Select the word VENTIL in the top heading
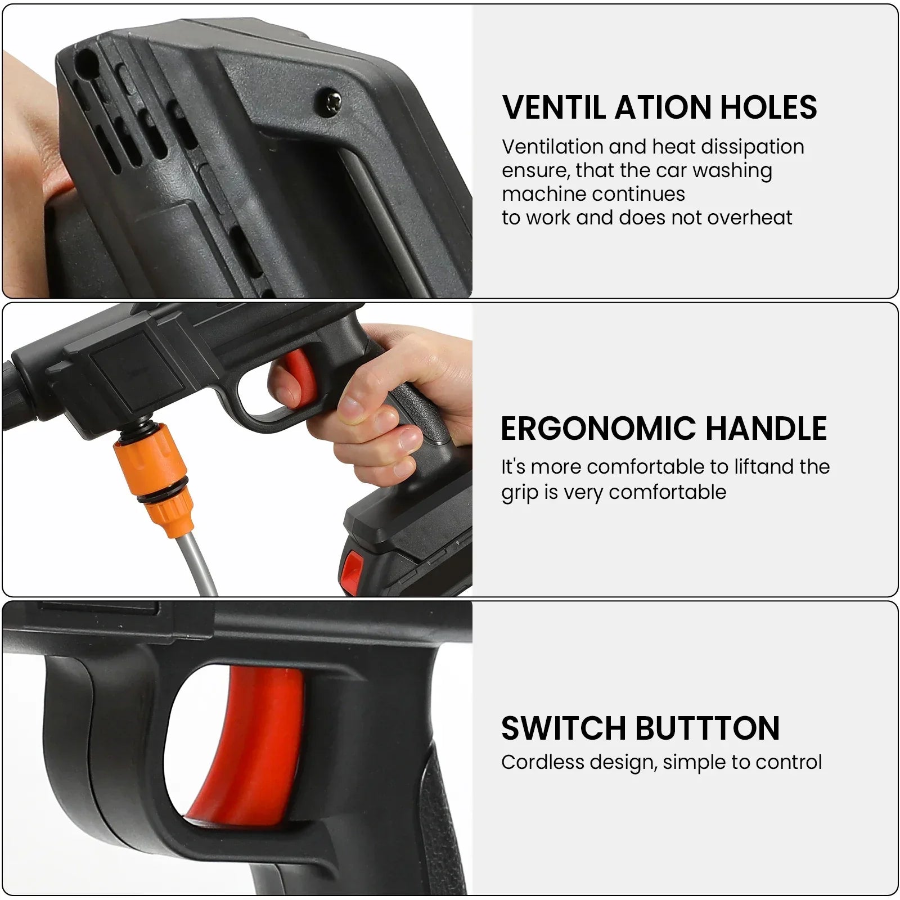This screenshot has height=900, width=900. point(553,107)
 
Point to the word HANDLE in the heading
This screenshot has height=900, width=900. point(766,429)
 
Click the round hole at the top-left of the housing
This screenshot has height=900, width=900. point(85,58)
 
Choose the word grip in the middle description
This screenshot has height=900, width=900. point(520,493)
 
